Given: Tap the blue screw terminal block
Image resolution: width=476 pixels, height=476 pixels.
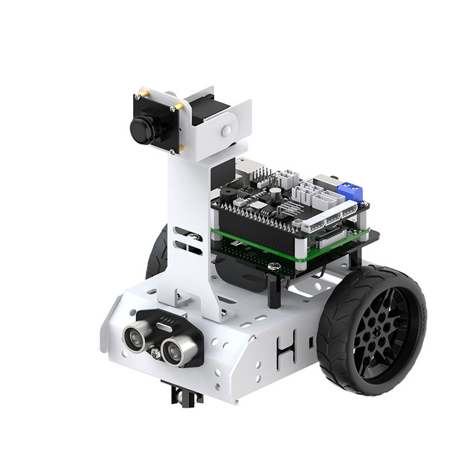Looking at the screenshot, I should [x=350, y=192].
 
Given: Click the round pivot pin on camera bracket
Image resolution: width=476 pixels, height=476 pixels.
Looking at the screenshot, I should [x=226, y=130].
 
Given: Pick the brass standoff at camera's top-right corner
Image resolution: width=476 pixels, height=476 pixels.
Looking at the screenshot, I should [x=178, y=106].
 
